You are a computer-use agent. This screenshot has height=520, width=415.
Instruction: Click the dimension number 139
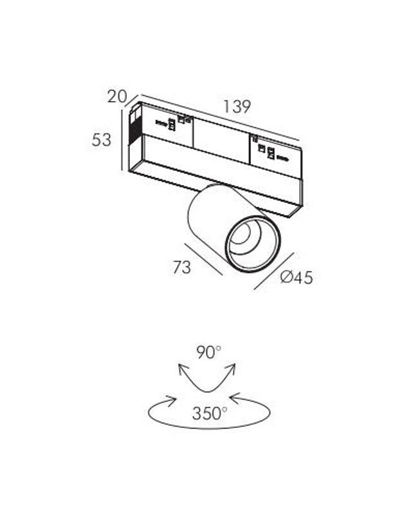click(237, 107)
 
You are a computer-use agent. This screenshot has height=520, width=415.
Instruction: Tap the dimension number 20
click(117, 97)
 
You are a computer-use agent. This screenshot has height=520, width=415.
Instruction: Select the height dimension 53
click(102, 140)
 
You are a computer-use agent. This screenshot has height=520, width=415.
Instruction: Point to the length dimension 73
click(182, 267)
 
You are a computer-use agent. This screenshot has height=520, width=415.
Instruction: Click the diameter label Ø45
click(297, 277)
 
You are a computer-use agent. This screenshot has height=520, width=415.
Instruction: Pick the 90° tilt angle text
click(208, 352)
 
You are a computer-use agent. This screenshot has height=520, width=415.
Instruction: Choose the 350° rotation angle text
click(210, 413)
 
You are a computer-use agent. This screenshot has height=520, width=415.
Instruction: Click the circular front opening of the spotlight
click(253, 244)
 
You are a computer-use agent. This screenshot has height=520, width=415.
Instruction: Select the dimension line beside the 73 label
click(204, 259)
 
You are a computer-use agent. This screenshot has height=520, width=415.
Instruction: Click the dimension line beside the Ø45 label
click(274, 271)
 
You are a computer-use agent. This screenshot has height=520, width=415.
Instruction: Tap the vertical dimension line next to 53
click(122, 140)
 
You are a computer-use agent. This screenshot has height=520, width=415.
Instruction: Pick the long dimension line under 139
click(220, 117)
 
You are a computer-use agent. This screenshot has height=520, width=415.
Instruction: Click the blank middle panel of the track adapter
click(221, 140)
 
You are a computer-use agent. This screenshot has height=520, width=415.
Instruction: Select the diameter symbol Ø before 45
click(286, 277)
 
